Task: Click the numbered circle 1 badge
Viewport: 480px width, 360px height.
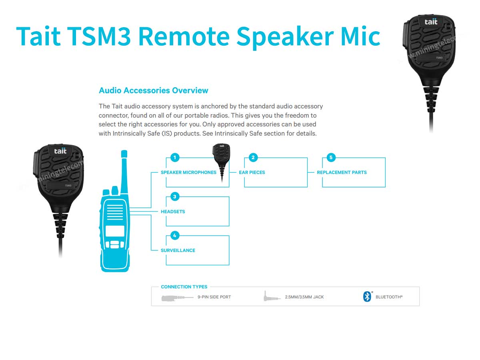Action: [x=175, y=158]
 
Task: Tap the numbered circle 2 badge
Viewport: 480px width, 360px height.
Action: [x=253, y=158]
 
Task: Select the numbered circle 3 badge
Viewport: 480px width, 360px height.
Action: [x=175, y=196]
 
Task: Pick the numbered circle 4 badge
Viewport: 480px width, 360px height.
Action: [x=175, y=235]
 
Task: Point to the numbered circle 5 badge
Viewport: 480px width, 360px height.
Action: [x=331, y=158]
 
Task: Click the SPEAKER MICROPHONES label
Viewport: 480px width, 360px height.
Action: [x=188, y=172]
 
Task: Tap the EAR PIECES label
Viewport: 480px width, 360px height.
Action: [x=252, y=172]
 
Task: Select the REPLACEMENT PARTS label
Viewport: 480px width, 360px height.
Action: [x=342, y=172]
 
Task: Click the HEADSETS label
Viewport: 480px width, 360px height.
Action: [x=173, y=211]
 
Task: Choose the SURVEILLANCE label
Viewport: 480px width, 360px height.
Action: [x=178, y=250]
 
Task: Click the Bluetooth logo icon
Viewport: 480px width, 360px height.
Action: [x=367, y=297]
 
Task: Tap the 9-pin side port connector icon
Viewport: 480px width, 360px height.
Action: [x=174, y=298]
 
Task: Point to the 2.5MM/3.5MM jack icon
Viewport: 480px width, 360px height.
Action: [x=267, y=297]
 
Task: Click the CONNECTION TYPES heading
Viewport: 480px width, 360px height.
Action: [x=184, y=287]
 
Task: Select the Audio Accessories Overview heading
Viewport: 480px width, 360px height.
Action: [x=153, y=90]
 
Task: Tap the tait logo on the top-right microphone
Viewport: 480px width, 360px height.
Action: [x=431, y=22]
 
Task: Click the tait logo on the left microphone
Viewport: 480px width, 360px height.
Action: [x=60, y=151]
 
